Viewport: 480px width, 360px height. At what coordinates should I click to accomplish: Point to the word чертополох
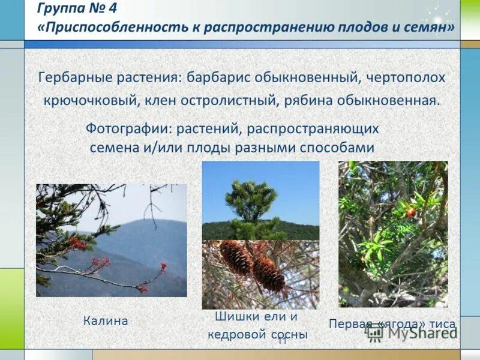click(x=408, y=78)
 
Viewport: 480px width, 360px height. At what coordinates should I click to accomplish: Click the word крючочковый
click(x=89, y=100)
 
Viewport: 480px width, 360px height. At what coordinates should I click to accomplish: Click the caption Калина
click(x=106, y=321)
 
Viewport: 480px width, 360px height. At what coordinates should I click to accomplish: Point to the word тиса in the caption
click(x=441, y=325)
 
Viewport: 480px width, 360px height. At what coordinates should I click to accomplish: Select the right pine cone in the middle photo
click(x=268, y=275)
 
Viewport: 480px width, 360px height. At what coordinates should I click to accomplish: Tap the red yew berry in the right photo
click(x=411, y=212)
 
